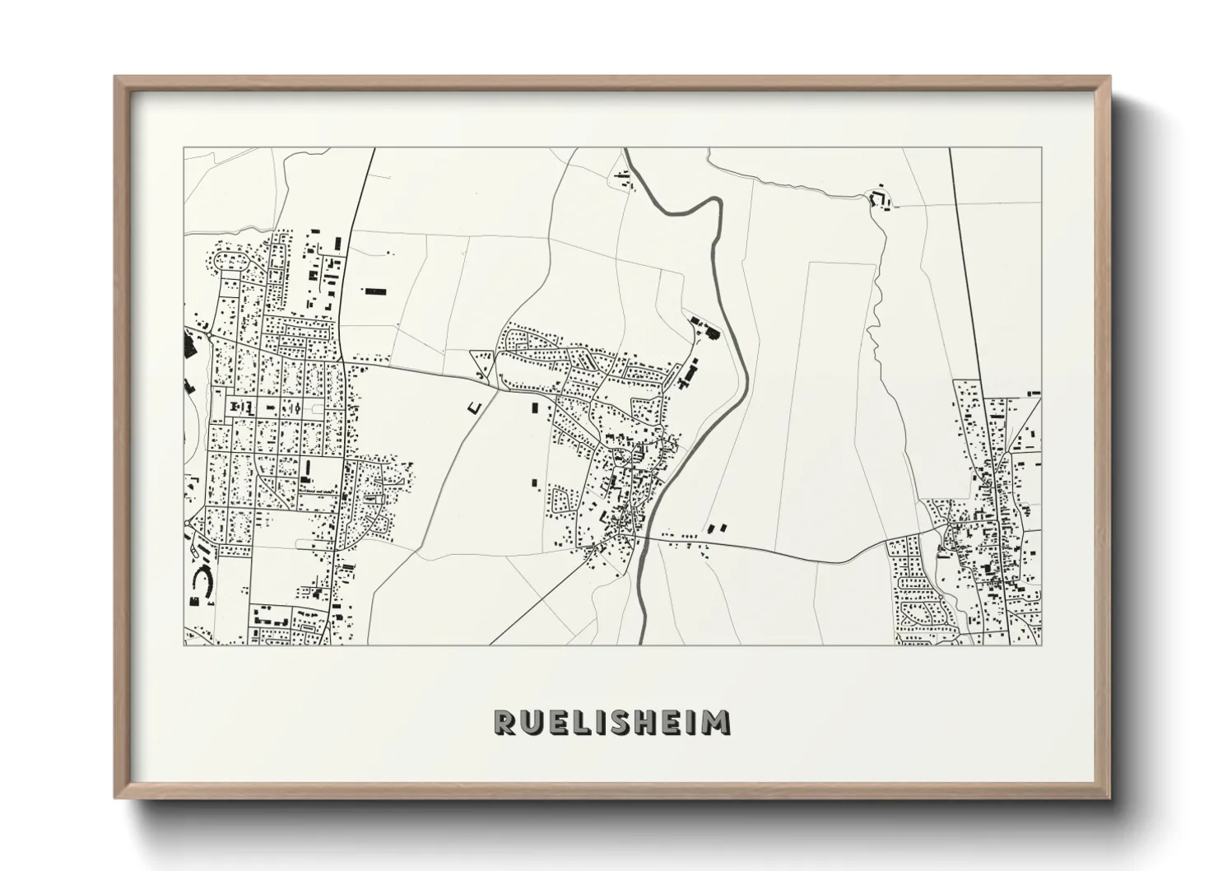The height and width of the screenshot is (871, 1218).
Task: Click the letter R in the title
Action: tap(504, 722)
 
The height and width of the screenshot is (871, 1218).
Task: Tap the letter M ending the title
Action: tap(716, 722)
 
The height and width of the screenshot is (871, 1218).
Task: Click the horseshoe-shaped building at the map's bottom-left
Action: tap(201, 582)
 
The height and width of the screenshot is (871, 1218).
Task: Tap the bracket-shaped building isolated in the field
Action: tap(474, 407)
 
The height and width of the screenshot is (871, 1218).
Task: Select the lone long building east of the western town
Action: tap(374, 291)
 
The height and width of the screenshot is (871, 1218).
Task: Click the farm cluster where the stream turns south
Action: tap(879, 198)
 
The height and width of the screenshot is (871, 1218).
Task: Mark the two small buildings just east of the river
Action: tap(718, 526)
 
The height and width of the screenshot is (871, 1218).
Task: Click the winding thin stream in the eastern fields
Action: tap(875, 329)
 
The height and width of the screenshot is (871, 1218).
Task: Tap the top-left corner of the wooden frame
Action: tap(116, 78)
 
